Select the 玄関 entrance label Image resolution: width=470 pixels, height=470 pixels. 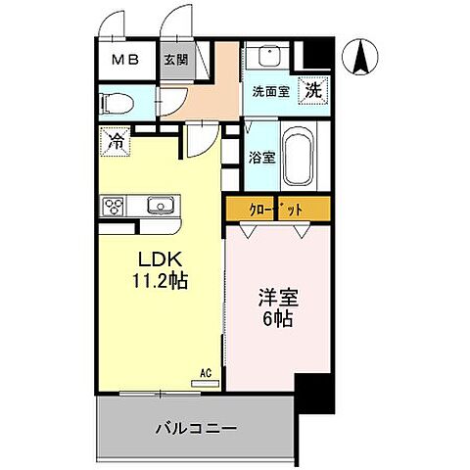175,59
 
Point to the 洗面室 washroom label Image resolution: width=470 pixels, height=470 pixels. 269,92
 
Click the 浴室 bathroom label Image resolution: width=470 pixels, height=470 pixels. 260,157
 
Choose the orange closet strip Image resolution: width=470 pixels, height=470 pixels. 278,210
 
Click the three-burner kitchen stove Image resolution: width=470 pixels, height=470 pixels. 114,206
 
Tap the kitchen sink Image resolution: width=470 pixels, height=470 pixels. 159,206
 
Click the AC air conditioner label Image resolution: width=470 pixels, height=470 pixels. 206,373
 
